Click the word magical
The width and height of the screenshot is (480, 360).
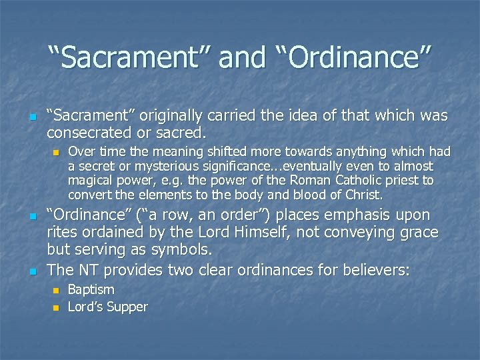point(91,181)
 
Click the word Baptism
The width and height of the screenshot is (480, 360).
point(91,290)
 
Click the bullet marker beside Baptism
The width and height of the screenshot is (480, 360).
point(55,291)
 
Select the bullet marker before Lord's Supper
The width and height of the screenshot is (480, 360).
point(55,307)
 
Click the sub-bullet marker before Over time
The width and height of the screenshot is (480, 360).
point(55,152)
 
